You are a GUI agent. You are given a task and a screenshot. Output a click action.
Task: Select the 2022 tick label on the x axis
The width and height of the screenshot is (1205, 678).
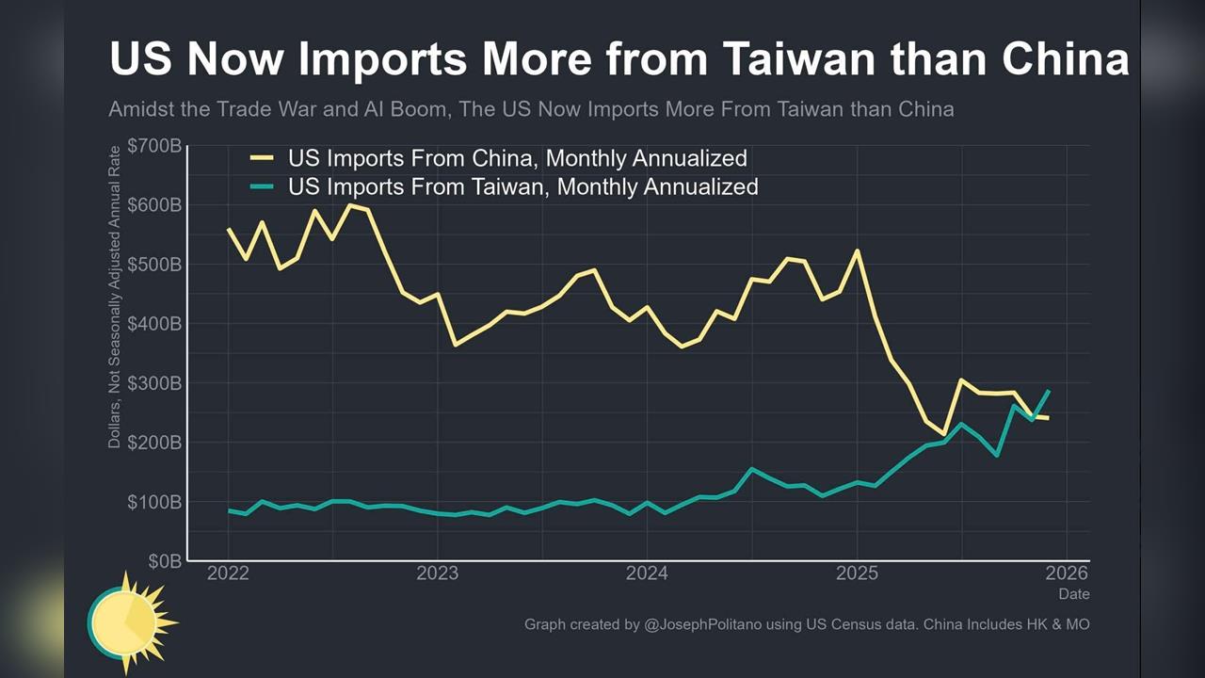[x=228, y=573]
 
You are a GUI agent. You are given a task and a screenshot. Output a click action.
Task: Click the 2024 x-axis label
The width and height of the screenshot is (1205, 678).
[x=647, y=573]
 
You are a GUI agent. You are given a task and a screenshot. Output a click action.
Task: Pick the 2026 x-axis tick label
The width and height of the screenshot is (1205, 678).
[x=1067, y=573]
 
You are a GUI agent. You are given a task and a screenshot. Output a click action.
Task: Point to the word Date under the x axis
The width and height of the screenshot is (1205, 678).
[x=1073, y=594]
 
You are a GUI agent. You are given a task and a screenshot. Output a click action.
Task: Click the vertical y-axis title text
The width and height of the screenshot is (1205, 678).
[x=115, y=297]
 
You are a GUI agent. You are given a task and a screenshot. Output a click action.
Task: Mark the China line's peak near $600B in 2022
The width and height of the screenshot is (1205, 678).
[x=350, y=205]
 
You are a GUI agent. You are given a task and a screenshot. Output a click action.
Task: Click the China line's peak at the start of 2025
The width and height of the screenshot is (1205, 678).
[x=857, y=250]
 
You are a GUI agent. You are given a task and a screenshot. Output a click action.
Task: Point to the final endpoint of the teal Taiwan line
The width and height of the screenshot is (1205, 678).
[x=1049, y=391]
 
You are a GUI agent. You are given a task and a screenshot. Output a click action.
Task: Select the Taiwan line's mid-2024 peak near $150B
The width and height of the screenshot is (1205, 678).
[x=751, y=469]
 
